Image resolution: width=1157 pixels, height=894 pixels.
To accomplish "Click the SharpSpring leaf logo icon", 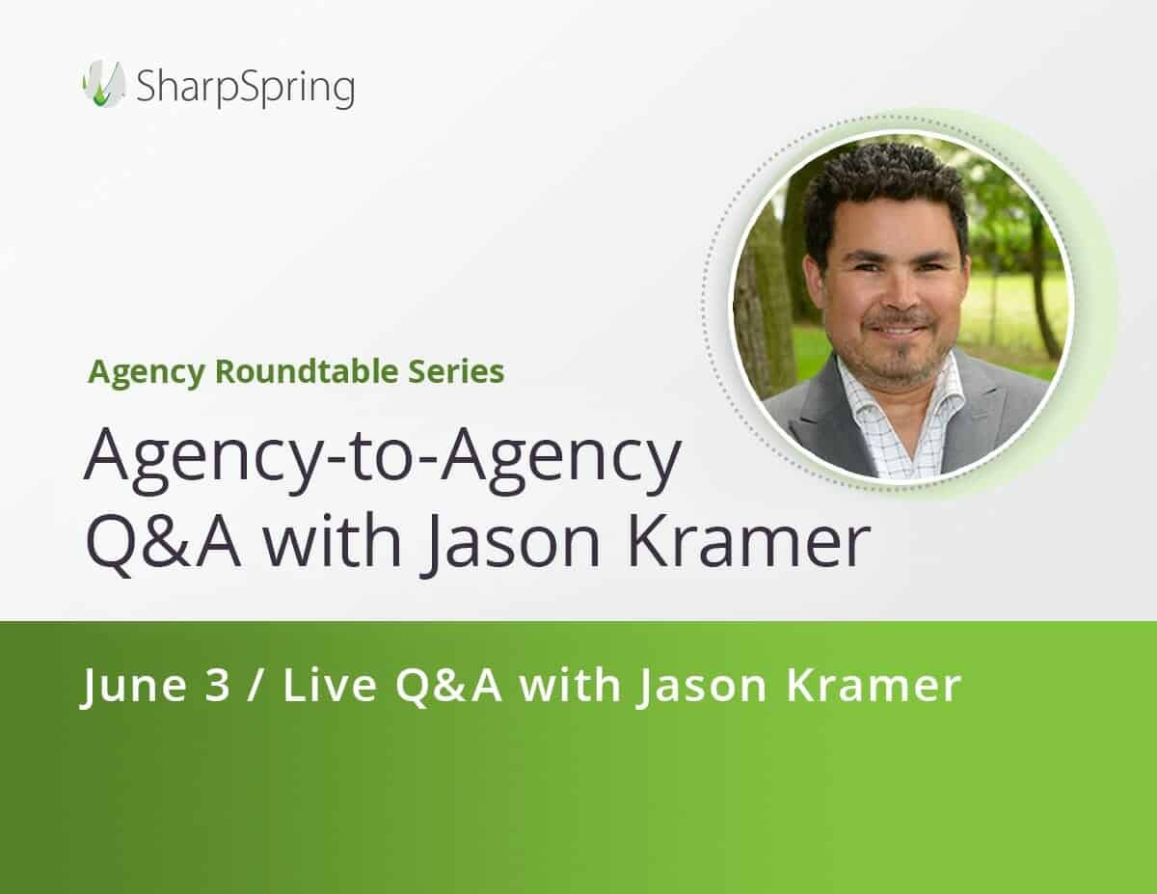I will click(x=103, y=84).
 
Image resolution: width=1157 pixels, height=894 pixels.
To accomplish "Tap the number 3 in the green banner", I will click(x=218, y=687).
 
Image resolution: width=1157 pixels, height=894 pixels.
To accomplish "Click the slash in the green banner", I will click(x=256, y=687).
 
